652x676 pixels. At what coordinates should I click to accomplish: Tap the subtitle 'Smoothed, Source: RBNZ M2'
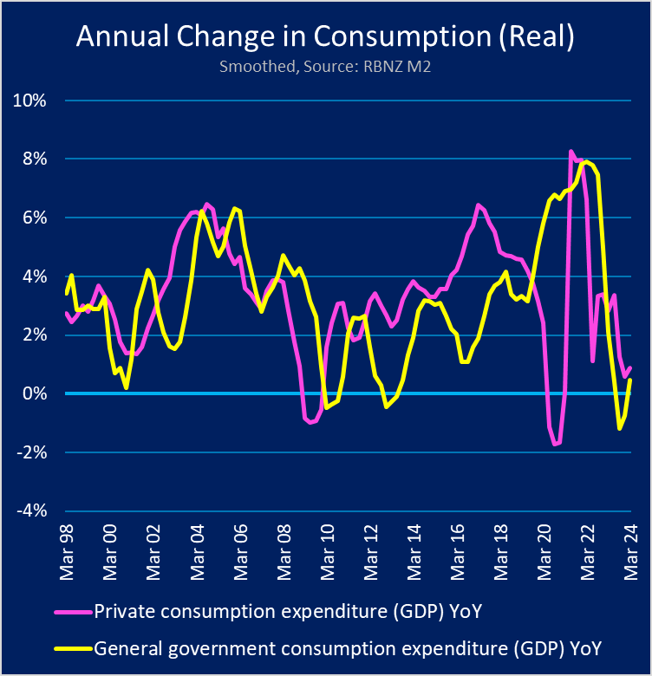point(325,67)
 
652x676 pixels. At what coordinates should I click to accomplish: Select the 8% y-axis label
point(33,159)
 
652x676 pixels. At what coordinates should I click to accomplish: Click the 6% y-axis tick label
point(33,218)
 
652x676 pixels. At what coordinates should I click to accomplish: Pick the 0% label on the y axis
point(33,393)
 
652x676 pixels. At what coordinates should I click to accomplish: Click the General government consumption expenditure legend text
point(347,647)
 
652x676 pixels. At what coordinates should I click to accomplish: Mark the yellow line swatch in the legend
point(71,647)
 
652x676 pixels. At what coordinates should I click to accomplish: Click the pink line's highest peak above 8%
point(570,152)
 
